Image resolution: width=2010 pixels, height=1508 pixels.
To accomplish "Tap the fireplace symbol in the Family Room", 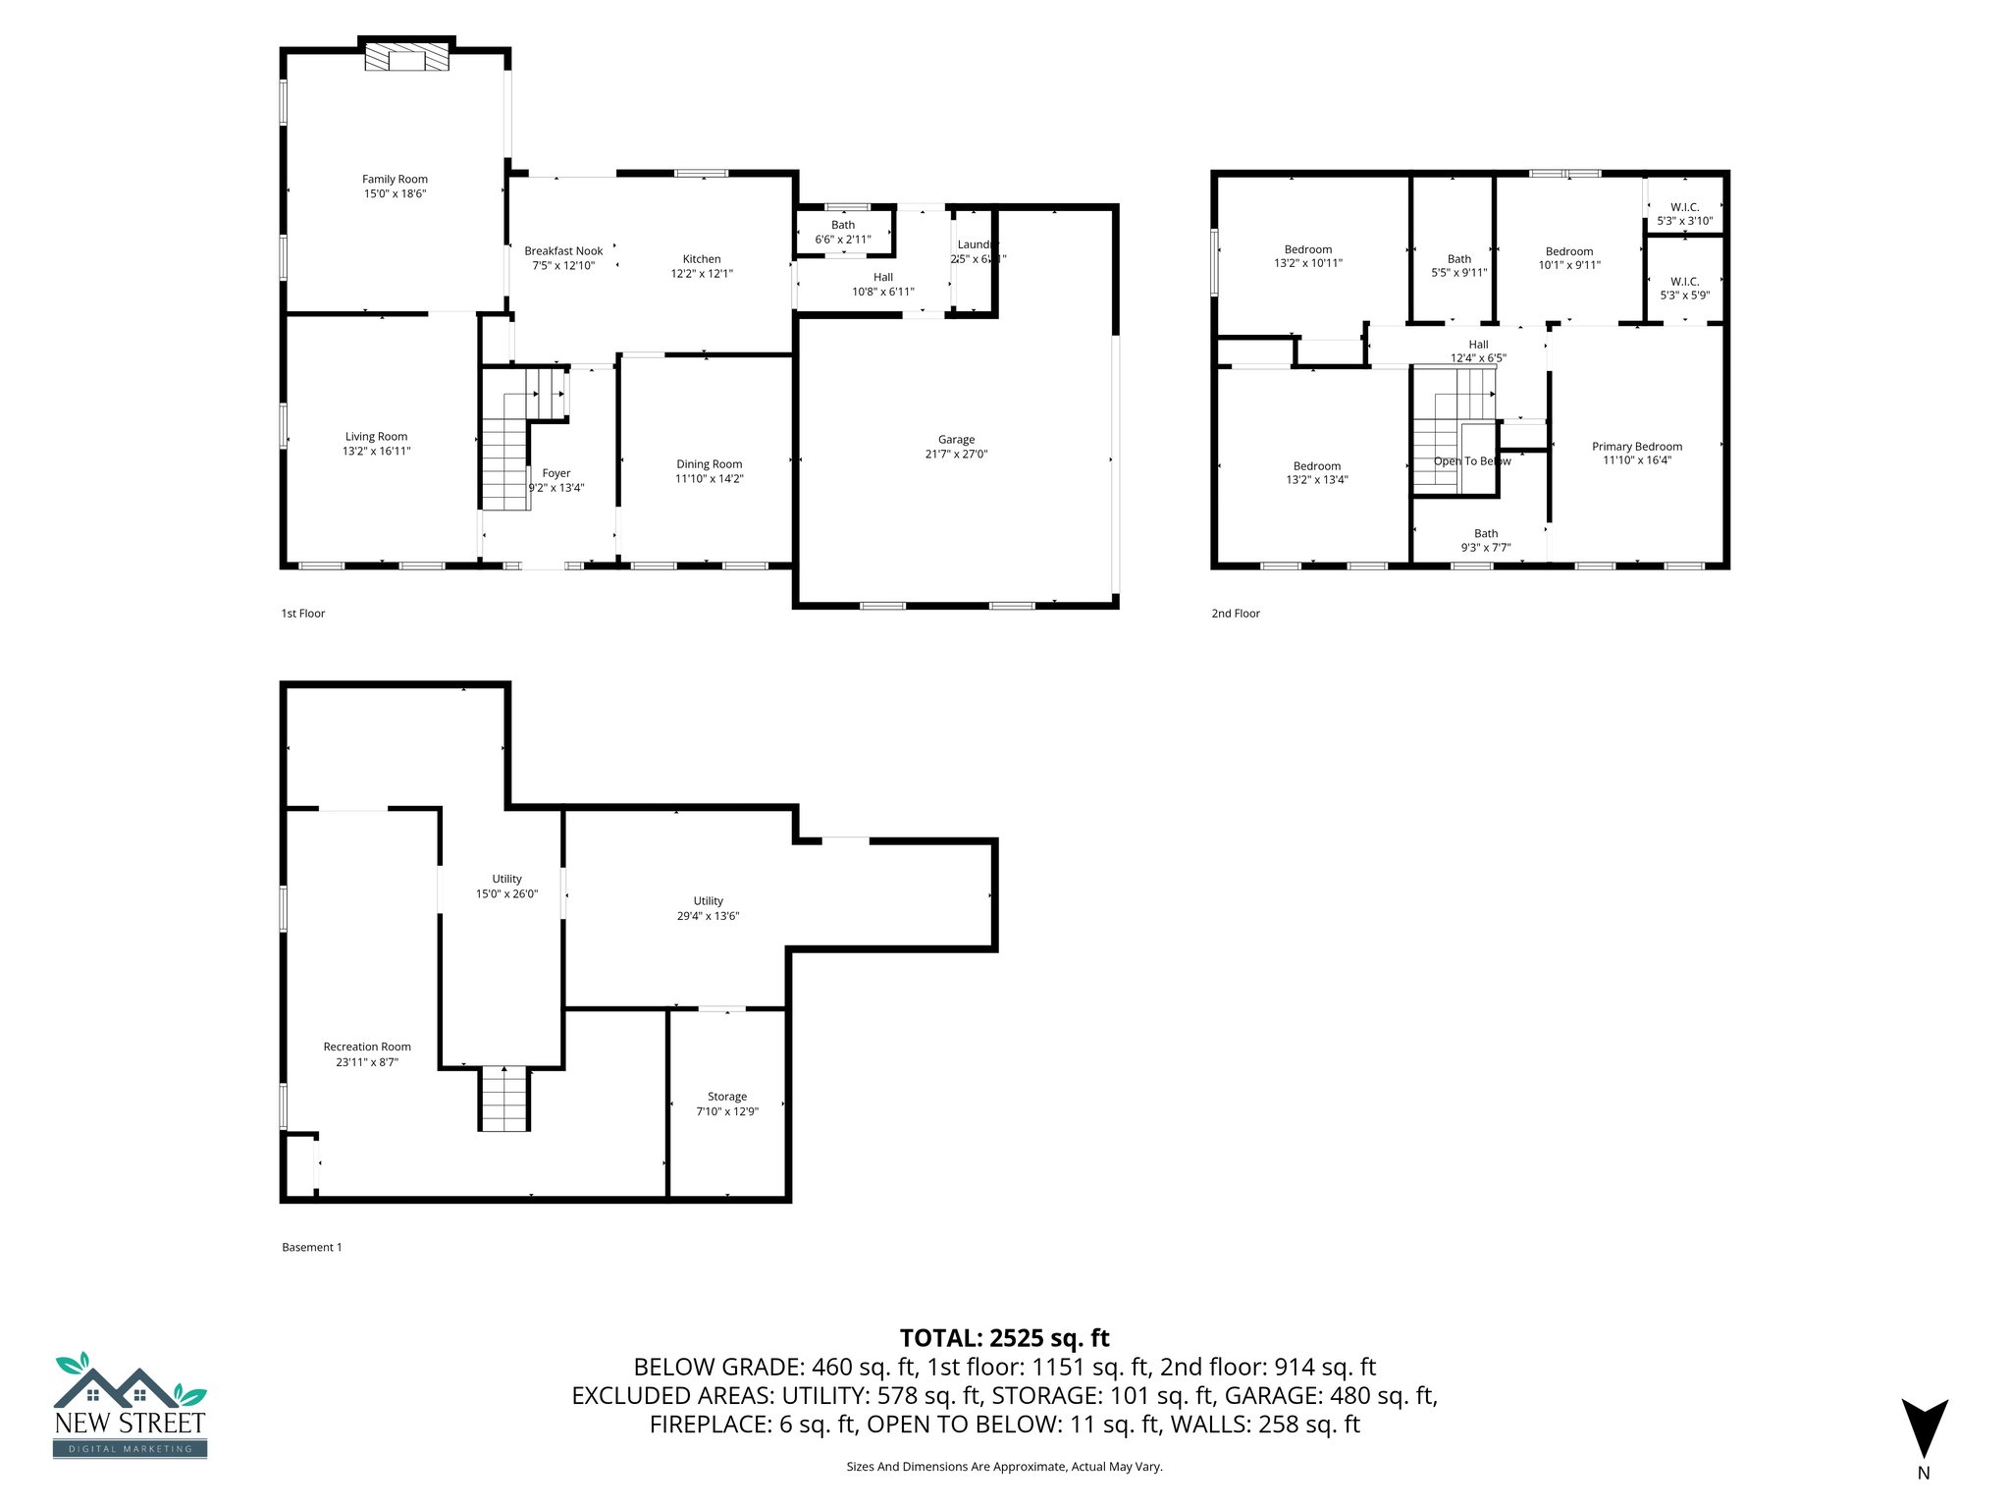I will [x=406, y=59].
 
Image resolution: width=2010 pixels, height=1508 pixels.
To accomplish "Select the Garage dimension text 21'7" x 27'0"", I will [x=956, y=455].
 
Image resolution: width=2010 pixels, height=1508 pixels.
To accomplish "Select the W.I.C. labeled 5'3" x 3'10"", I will [x=1684, y=214].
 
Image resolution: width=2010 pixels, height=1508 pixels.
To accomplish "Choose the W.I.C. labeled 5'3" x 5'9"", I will [x=1684, y=288].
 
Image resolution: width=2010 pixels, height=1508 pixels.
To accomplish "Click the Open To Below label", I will [x=1472, y=461].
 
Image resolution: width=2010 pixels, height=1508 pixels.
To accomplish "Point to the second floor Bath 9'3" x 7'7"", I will [x=1486, y=541].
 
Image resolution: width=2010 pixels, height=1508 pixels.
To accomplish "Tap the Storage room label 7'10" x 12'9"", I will [x=727, y=1104].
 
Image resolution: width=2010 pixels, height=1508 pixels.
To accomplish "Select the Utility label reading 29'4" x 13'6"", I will [x=708, y=908].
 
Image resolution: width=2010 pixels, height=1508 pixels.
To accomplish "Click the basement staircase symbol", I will [x=504, y=1099].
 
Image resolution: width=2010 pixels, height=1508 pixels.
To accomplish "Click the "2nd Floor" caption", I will [x=1235, y=614].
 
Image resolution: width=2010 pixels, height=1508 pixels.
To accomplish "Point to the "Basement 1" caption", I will [x=311, y=1248].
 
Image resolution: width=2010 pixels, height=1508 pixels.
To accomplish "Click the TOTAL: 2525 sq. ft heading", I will [x=1004, y=1338].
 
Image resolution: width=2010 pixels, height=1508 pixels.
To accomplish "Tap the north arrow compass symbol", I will [x=1924, y=1428].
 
